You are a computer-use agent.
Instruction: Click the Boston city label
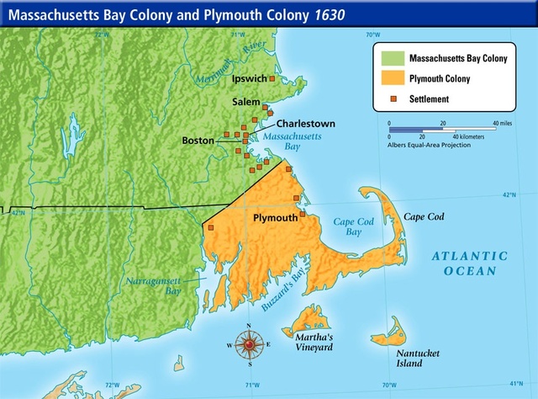pos(198,141)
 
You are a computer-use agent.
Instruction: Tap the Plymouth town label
pos(276,217)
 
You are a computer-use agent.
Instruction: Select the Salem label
pos(246,101)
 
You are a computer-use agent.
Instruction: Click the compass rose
pos(250,344)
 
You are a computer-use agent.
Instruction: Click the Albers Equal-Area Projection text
pos(430,145)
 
